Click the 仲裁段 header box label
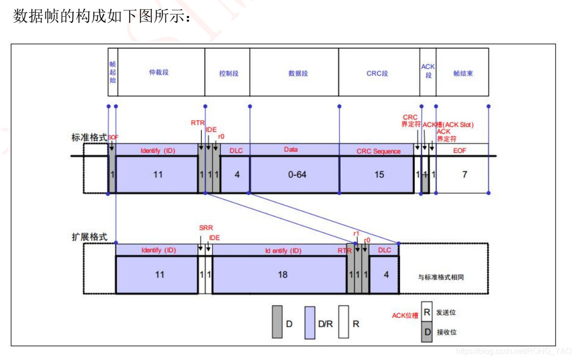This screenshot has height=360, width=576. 159,73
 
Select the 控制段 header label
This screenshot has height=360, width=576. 229,73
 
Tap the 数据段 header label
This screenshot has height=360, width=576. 298,73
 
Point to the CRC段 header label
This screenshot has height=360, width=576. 377,73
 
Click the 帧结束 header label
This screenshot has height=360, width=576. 463,73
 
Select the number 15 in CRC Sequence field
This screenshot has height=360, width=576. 379,174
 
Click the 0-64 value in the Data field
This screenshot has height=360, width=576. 297,174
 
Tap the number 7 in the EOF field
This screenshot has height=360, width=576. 465,174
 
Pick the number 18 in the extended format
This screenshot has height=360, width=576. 282,274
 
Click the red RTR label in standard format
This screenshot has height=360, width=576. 198,123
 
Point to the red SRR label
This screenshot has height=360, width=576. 206,228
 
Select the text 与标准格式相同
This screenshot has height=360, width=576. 441,277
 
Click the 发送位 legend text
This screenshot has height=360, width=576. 446,312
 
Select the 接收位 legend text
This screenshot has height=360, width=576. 446,332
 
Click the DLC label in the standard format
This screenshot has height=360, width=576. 236,150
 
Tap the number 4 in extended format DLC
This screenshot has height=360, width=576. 386,274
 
